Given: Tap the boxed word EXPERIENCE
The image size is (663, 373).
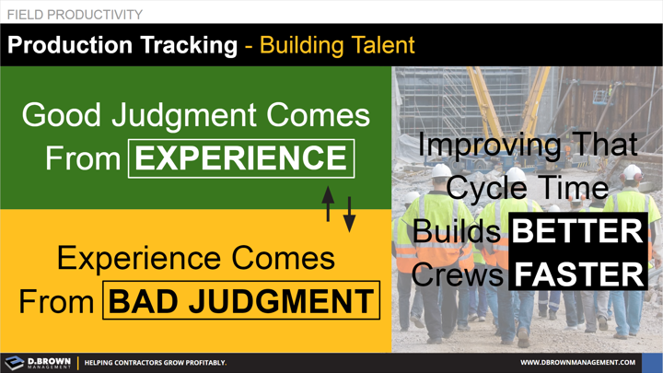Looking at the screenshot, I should click(242, 158).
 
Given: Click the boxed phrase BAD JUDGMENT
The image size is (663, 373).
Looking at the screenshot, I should click(242, 301).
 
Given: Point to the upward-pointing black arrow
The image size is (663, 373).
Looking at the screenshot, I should click(328, 204).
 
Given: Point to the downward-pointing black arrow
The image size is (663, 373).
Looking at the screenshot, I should click(350, 214).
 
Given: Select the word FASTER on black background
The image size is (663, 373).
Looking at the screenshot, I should click(578, 274).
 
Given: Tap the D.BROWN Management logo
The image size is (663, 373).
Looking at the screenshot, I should click(38, 362).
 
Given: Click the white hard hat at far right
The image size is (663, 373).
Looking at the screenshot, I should click(632, 172).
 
